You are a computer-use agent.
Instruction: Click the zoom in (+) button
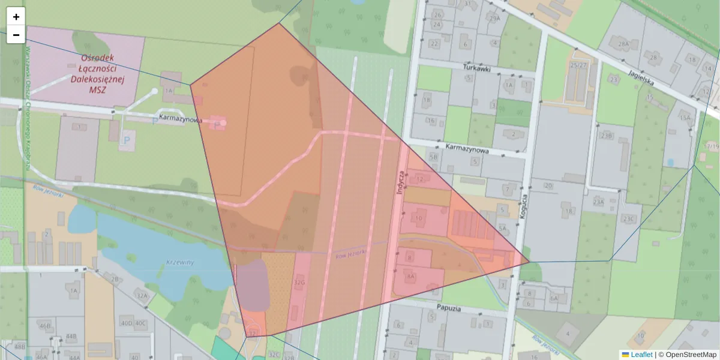[16, 17]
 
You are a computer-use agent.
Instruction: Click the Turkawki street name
[477, 68]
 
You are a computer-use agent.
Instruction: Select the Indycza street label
[400, 180]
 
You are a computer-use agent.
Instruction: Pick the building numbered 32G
[299, 281]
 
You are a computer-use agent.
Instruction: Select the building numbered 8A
[411, 276]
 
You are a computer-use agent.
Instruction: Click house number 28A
[623, 44]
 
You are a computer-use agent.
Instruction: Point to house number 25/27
[579, 65]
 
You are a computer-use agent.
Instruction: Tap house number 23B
[607, 136]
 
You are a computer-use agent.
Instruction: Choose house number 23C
[628, 218]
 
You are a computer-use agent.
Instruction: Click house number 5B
[434, 157]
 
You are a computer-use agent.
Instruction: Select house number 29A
[494, 18]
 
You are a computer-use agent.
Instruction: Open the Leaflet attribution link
[641, 355]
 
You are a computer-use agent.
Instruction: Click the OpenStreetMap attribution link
[691, 355]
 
